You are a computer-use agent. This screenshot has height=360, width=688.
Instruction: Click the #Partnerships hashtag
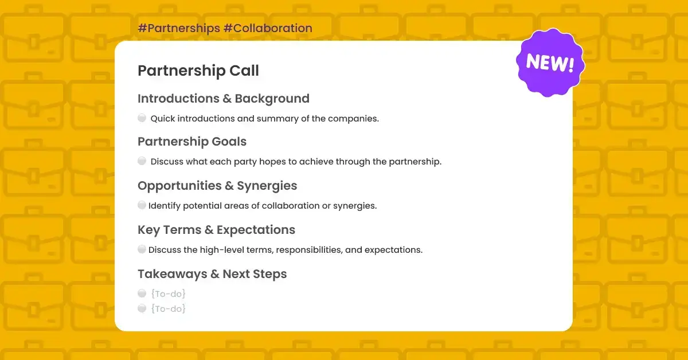tap(179, 28)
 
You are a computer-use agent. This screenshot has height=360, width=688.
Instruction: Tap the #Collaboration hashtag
tap(268, 28)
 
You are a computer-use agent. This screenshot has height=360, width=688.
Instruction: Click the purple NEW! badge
tap(550, 62)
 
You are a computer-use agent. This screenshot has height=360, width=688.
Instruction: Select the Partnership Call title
tap(198, 71)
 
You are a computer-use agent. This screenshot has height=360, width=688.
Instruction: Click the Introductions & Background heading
tap(224, 99)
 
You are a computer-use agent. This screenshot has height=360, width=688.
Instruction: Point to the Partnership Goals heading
tap(192, 142)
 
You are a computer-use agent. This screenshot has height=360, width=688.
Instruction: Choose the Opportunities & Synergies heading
tap(217, 186)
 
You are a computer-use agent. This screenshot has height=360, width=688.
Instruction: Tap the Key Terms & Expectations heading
tap(217, 230)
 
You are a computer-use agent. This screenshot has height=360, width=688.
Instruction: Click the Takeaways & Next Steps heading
tap(212, 274)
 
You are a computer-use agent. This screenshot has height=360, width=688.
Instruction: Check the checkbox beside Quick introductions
tap(142, 118)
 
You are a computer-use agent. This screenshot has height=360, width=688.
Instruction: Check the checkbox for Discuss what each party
tap(142, 161)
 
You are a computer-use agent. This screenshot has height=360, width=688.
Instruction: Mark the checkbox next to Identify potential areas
tap(142, 205)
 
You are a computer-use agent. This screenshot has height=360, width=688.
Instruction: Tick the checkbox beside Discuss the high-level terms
tap(142, 249)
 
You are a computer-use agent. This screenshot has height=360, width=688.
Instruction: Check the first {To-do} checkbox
tap(142, 294)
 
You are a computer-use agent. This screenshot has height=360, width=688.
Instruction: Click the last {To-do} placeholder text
tap(169, 308)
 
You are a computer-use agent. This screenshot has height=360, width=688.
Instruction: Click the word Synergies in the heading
tap(267, 186)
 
